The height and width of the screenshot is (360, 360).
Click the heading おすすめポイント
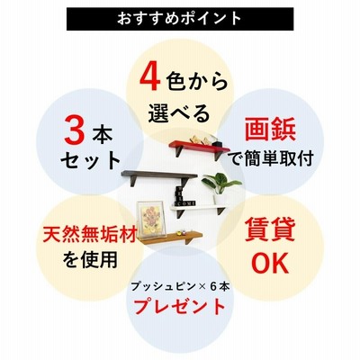(x=179, y=19)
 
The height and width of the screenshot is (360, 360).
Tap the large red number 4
(x=149, y=78)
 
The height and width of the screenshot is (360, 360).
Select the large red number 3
(x=75, y=132)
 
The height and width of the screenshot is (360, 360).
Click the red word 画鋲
(x=270, y=130)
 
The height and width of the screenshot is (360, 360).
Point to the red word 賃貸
(x=270, y=229)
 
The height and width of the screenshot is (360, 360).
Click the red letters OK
(x=270, y=263)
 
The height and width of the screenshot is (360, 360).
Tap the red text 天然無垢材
(x=90, y=234)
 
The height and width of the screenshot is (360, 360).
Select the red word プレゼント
(x=179, y=307)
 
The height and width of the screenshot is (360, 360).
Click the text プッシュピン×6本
(x=180, y=287)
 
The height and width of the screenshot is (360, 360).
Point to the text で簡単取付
(x=271, y=158)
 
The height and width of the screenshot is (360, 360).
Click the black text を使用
(x=90, y=260)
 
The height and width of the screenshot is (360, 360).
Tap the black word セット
(x=90, y=161)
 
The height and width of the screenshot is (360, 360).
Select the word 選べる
(x=179, y=112)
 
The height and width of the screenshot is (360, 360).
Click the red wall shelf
(x=200, y=148)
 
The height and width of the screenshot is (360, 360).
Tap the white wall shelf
(x=199, y=208)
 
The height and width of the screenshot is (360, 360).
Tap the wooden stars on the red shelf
(x=201, y=139)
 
